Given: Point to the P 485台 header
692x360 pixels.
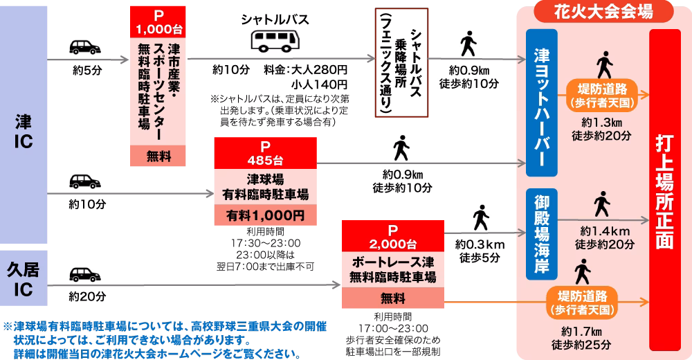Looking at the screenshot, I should tap(264, 153).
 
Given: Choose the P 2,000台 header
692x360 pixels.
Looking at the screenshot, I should tap(392, 236).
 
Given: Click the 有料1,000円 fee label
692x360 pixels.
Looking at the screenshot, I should tap(264, 215).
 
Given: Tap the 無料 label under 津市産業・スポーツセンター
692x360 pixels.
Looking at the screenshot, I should tap(158, 156).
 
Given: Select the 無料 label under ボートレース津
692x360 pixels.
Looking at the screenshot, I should tap(392, 299).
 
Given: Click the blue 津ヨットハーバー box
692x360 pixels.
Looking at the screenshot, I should tap(542, 102).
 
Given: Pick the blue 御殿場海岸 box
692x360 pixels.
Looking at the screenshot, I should tap(542, 234).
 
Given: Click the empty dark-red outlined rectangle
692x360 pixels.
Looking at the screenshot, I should tap(401, 61).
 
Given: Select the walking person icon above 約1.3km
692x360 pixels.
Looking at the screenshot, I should tap(604, 66).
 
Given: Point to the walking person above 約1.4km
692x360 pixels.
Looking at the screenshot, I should tap(602, 206).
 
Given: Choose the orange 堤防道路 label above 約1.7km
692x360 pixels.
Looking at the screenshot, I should tap(581, 302).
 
